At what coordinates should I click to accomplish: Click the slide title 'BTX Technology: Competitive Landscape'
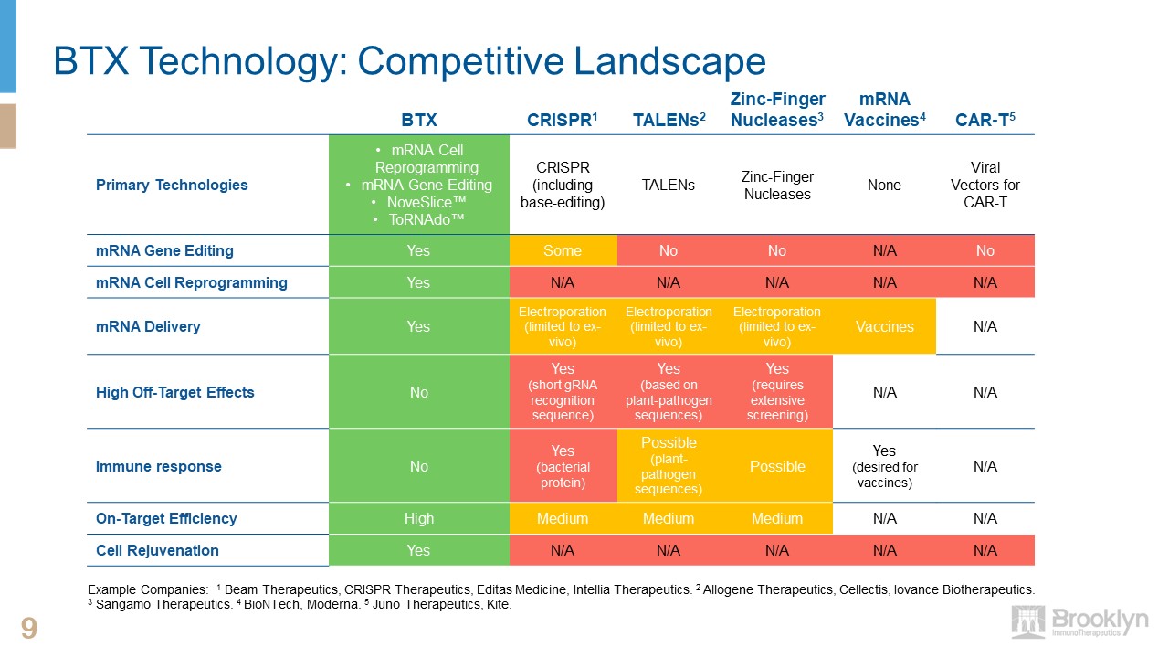click(409, 61)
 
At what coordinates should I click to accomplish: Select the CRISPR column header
click(562, 120)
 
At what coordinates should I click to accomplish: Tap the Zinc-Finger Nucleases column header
click(777, 110)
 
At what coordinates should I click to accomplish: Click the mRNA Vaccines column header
click(884, 110)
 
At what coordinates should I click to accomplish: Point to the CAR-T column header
click(985, 120)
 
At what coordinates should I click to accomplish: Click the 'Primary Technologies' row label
click(172, 185)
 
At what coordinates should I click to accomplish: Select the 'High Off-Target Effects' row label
click(175, 392)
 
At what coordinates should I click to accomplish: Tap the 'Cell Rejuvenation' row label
click(157, 550)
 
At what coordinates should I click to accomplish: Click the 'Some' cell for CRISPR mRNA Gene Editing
click(563, 250)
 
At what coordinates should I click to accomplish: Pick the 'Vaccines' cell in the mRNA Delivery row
click(884, 326)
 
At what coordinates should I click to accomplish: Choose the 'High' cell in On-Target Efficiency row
click(418, 518)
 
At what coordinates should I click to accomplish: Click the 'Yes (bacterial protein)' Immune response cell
click(563, 466)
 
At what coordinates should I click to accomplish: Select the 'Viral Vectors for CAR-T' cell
click(985, 185)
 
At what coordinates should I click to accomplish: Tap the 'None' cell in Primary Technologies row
click(884, 185)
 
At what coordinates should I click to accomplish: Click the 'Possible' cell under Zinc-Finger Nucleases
click(777, 466)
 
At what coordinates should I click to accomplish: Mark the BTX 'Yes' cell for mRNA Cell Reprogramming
click(418, 282)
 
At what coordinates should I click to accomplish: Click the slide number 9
click(29, 629)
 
